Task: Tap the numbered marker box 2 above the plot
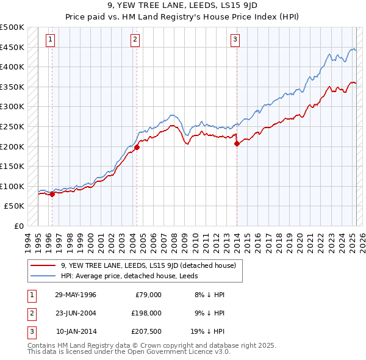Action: (x=134, y=40)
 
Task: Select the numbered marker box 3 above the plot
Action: (x=235, y=40)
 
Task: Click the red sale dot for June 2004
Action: (x=137, y=147)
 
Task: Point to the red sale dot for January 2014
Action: (x=237, y=143)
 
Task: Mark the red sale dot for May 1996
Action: (x=52, y=194)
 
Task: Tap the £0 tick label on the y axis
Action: (x=19, y=226)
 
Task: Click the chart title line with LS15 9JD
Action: (x=183, y=7)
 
